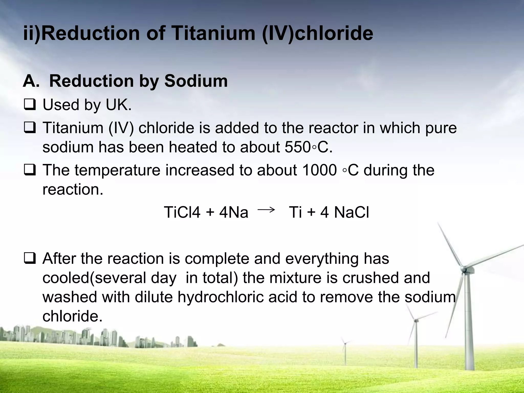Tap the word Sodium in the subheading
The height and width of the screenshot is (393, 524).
tap(196, 81)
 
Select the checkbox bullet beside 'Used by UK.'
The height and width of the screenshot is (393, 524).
tap(30, 105)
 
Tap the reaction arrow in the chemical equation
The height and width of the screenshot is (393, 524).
tap(266, 210)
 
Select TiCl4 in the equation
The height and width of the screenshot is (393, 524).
tap(182, 212)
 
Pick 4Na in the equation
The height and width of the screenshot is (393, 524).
tap(234, 212)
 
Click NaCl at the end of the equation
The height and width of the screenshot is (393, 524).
tap(352, 212)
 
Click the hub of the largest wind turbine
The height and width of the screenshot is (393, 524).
tap(464, 268)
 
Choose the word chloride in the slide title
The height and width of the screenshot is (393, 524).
tap(334, 33)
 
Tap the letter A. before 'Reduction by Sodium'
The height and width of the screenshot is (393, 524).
tap(31, 81)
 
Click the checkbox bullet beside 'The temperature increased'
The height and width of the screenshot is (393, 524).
tap(30, 170)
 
